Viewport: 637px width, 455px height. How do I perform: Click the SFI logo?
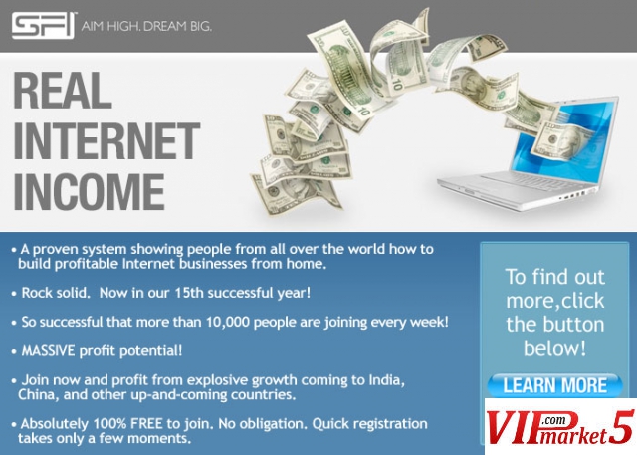tap(44, 26)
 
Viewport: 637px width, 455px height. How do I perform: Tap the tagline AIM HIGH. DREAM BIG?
tap(146, 27)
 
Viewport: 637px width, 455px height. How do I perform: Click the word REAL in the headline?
tap(63, 91)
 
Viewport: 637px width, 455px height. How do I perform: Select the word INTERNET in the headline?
tap(106, 141)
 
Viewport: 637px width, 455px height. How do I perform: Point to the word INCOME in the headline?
tap(89, 192)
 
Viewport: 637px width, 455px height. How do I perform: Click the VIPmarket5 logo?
tap(560, 426)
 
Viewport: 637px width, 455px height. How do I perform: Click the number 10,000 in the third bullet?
tap(228, 322)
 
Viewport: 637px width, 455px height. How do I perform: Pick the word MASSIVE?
tap(48, 350)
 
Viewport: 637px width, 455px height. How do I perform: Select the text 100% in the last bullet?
tap(109, 424)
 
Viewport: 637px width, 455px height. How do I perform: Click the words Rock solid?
tap(56, 293)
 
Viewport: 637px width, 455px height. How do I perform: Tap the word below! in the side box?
tap(555, 348)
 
